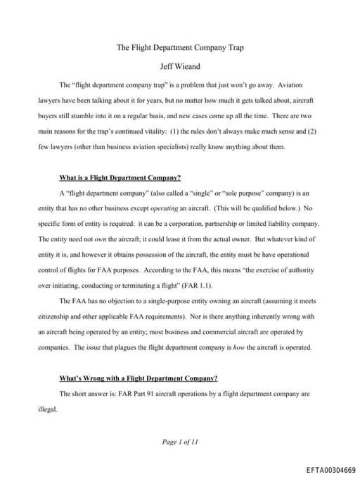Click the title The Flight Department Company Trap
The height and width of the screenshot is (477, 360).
[179, 48]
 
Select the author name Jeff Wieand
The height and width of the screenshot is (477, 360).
[179, 67]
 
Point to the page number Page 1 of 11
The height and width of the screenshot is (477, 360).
[180, 441]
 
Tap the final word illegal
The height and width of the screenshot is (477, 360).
[48, 409]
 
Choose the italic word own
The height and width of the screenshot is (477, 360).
[105, 238]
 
